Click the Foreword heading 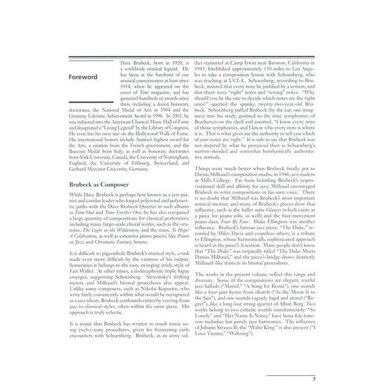coord(84,77)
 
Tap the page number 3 coord(313,377)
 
